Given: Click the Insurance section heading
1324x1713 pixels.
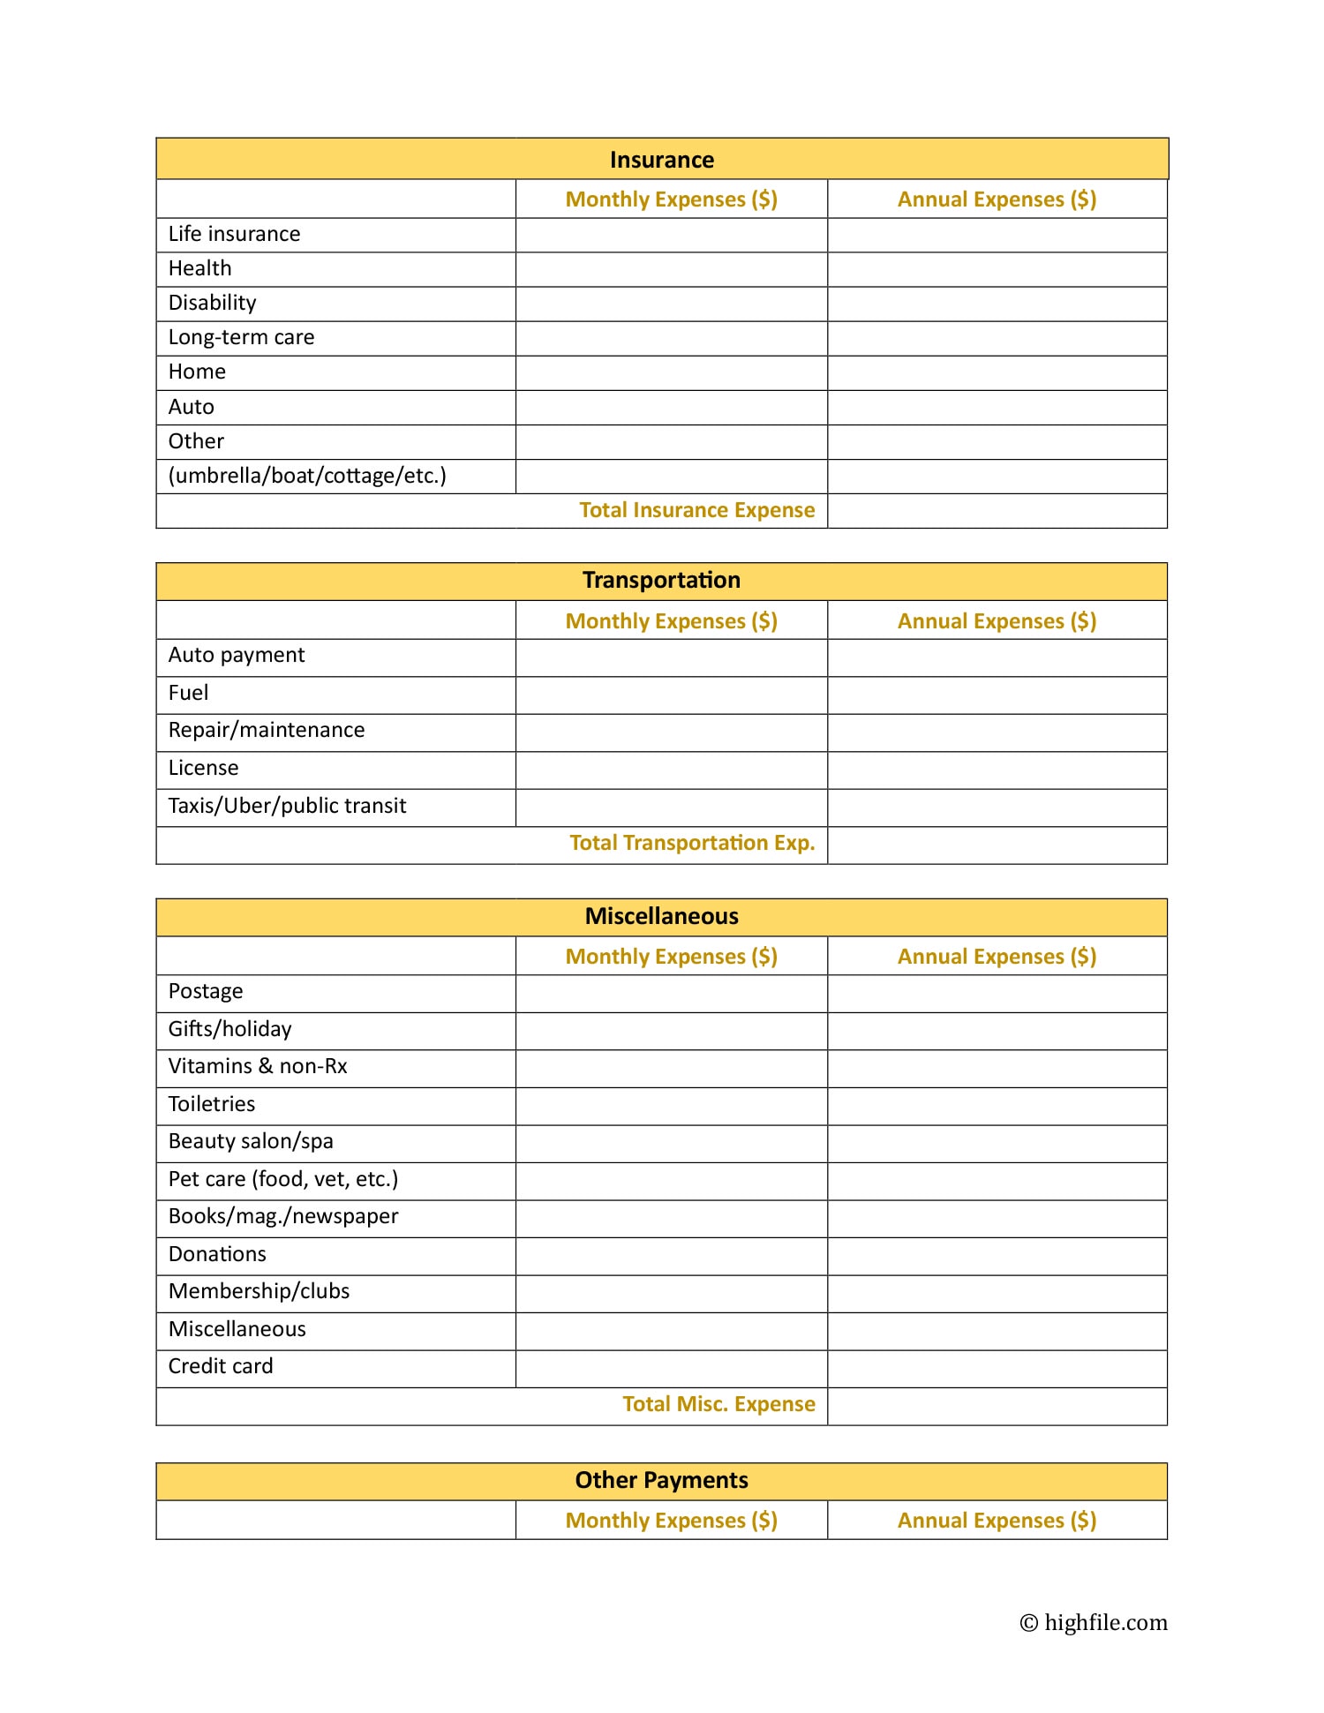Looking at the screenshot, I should point(661,160).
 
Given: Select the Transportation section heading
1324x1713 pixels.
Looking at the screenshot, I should point(661,581).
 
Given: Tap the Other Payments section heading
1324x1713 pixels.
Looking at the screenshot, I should point(661,1480).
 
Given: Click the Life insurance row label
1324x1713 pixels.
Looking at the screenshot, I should point(234,234).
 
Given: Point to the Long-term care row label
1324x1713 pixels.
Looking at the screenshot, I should point(241,337).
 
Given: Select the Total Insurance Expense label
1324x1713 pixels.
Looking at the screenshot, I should point(696,510).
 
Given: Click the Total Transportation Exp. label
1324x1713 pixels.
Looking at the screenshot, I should point(692,843).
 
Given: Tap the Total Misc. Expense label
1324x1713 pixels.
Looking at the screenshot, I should point(718,1404).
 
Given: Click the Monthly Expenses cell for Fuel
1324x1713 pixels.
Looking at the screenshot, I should point(671,695).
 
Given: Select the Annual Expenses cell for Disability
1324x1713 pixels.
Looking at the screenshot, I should point(997,304).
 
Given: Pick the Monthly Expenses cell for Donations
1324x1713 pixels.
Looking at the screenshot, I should point(671,1256).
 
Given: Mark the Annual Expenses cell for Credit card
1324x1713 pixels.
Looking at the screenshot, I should point(997,1368).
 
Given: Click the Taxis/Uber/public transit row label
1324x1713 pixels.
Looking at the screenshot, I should point(287,806).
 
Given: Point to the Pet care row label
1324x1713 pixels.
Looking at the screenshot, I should point(282,1179).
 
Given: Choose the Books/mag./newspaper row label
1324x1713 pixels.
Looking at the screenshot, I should point(282,1216).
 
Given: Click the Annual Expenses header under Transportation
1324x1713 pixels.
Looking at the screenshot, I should point(997,621).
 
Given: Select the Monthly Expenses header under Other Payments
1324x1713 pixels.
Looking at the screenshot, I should point(671,1521).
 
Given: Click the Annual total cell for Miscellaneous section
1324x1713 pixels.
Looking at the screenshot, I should point(997,1406).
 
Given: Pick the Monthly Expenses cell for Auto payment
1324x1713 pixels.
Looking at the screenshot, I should point(671,657).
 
